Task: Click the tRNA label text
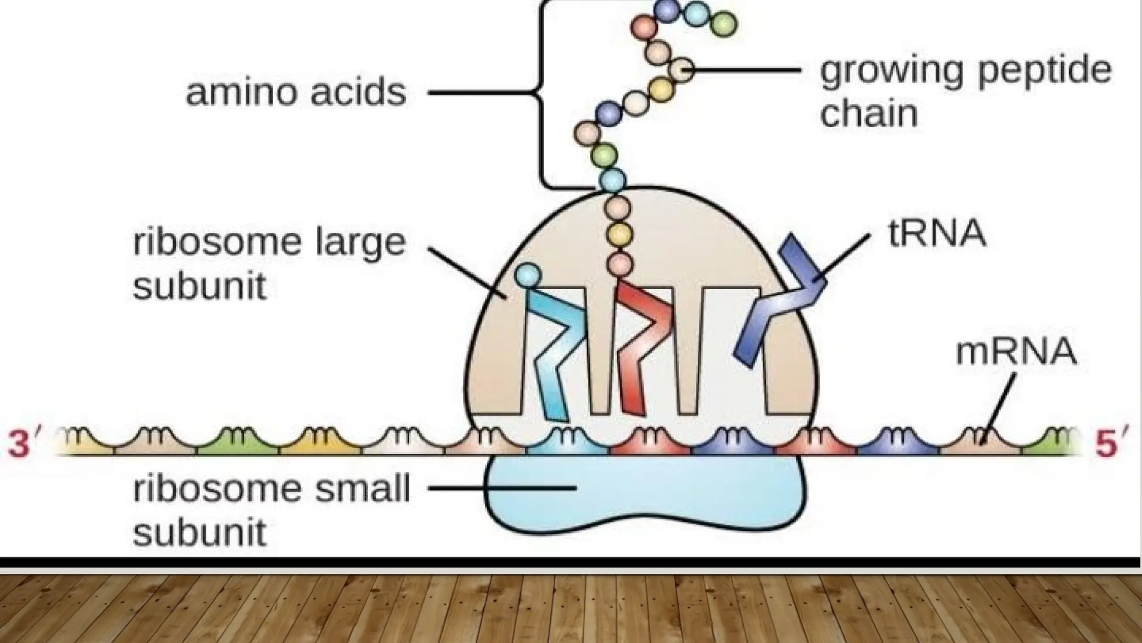(x=936, y=233)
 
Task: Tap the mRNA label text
(x=1015, y=352)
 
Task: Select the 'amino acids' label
(x=296, y=92)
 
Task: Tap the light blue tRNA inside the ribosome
(x=555, y=352)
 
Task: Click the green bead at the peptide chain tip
(x=724, y=24)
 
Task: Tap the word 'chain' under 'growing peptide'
(x=869, y=113)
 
